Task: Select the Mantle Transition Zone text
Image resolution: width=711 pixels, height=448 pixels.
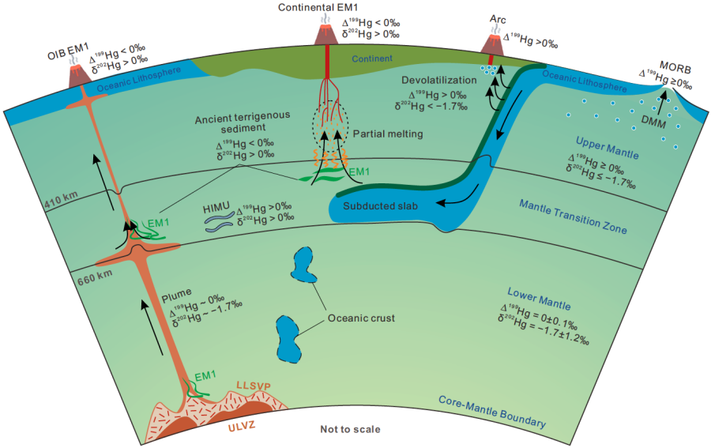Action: click(574, 217)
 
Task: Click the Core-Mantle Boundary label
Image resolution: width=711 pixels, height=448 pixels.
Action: click(492, 412)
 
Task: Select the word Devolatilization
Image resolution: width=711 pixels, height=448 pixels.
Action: click(434, 81)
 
